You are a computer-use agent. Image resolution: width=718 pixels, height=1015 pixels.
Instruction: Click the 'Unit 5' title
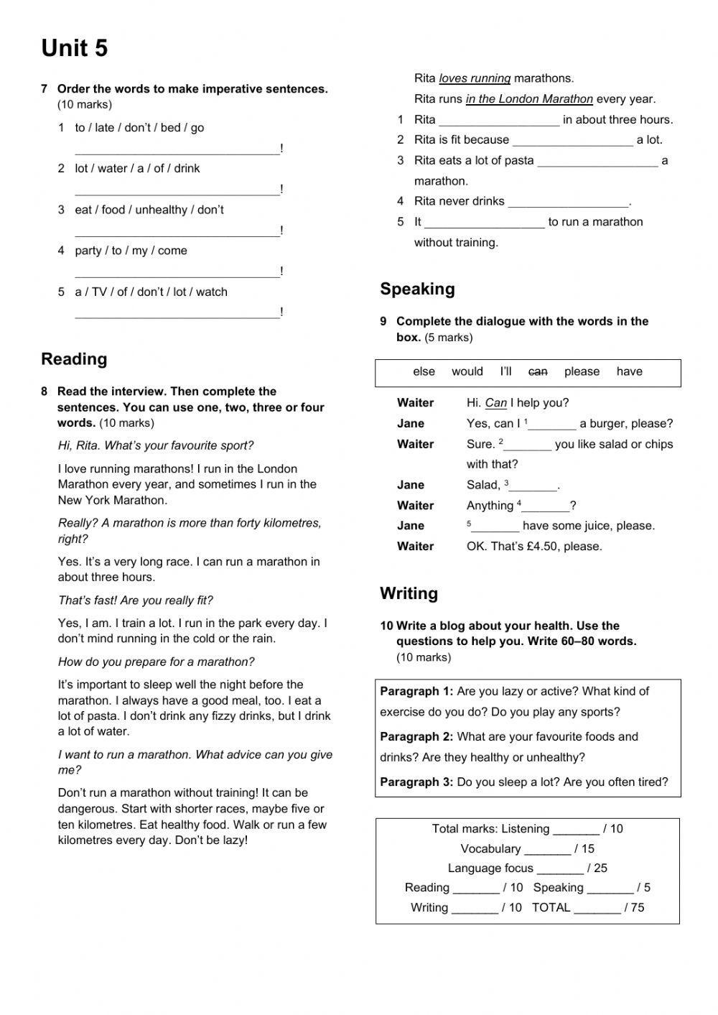tap(74, 48)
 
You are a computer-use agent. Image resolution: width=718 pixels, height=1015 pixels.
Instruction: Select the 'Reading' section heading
tap(74, 359)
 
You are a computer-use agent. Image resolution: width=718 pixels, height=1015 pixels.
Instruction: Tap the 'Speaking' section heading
tap(417, 289)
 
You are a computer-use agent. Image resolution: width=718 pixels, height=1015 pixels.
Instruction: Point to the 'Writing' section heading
tap(409, 593)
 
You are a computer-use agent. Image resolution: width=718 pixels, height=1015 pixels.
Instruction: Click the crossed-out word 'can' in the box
tap(538, 371)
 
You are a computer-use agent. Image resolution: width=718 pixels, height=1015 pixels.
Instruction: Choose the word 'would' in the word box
tap(467, 371)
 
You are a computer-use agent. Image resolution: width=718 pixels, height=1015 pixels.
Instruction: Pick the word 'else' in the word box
tap(424, 371)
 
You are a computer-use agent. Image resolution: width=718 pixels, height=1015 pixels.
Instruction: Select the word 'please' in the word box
tap(582, 371)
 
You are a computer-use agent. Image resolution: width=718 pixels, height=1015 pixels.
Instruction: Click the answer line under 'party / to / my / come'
tap(177, 273)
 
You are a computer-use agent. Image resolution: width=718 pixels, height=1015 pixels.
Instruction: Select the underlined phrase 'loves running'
tap(475, 78)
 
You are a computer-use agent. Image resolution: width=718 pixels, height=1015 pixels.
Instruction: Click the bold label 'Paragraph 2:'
tap(416, 736)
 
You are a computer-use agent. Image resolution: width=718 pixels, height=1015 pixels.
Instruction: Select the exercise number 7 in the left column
tap(45, 89)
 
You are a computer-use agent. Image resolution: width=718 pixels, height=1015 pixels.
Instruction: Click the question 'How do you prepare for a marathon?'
tap(156, 662)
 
